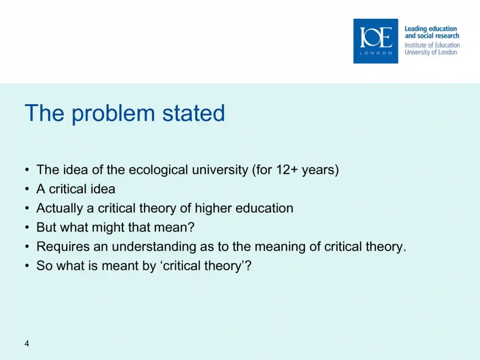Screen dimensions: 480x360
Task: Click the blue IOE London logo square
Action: (375, 41)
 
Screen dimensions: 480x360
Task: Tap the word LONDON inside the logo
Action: (376, 53)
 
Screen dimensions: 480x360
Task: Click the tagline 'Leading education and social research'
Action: (432, 32)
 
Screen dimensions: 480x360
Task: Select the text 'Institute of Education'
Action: (432, 45)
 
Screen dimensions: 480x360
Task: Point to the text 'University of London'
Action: (431, 52)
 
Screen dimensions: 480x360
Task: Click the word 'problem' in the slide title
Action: (113, 114)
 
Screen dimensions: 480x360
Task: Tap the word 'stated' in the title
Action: (194, 113)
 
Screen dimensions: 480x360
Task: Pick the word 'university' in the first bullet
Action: (220, 170)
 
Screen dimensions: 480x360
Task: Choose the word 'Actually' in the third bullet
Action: (60, 208)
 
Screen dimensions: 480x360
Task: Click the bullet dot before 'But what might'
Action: (27, 227)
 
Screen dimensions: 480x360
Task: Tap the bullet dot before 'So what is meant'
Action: (27, 266)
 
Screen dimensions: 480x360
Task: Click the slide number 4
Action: (27, 344)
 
